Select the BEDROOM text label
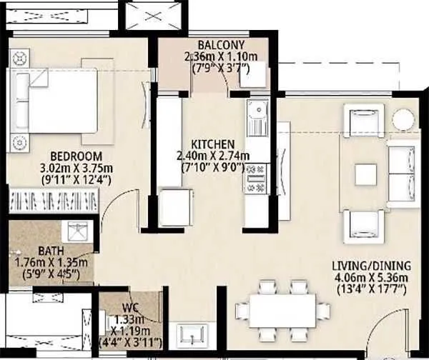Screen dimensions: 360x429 [x=76, y=156]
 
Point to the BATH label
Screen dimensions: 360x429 [x=51, y=251]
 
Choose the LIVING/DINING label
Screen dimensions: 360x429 [x=370, y=266]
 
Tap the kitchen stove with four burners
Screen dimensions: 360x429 [x=255, y=179]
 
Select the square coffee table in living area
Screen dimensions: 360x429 [x=366, y=174]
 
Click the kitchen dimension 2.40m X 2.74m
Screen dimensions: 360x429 [x=214, y=156]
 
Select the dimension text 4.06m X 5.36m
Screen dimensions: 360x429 [x=370, y=278]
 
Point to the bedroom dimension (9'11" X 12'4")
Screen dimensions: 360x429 [x=77, y=179]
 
